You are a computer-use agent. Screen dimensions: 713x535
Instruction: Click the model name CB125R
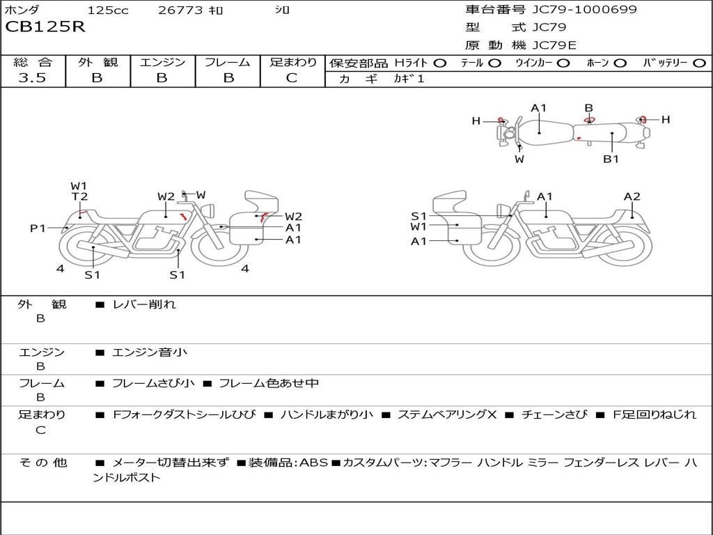click(x=45, y=28)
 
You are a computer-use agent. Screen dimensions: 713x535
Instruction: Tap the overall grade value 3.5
click(x=32, y=78)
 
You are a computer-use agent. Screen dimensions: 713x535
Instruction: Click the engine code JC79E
click(x=554, y=45)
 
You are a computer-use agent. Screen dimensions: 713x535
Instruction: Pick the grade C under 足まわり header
click(x=292, y=78)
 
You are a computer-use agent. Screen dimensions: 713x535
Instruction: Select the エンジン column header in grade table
click(x=162, y=62)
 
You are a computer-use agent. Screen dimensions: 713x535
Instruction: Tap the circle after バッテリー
click(x=699, y=63)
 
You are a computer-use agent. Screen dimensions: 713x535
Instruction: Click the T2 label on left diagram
click(x=79, y=197)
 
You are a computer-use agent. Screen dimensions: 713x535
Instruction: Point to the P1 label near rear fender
click(x=38, y=228)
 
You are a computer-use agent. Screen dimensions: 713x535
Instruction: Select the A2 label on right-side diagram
click(x=632, y=197)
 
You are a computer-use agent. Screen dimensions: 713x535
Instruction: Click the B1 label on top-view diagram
click(x=611, y=159)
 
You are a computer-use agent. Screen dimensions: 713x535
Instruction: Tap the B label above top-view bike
click(x=588, y=108)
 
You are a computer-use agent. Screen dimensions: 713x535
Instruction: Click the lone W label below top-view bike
click(x=519, y=159)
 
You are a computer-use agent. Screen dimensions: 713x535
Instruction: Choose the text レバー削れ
click(x=144, y=304)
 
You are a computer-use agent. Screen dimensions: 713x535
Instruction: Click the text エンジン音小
click(x=150, y=352)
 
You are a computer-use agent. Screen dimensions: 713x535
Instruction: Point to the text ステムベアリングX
click(x=446, y=414)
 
